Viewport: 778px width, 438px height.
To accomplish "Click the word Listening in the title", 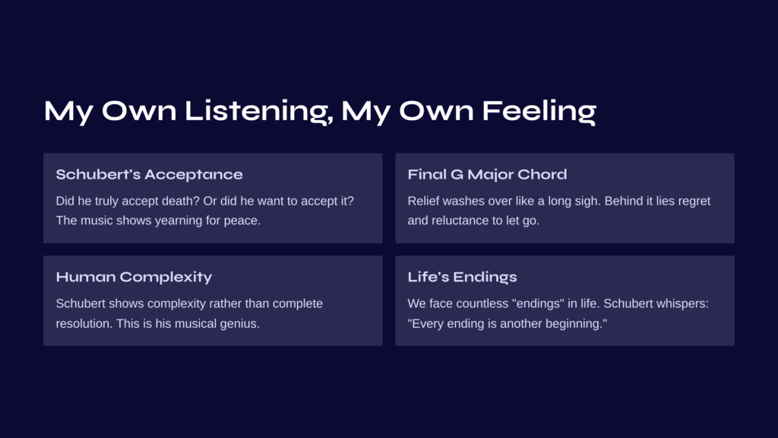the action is (258, 111).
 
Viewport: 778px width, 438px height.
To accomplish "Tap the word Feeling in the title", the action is (539, 111).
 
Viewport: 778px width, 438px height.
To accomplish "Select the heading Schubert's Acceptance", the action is (150, 174).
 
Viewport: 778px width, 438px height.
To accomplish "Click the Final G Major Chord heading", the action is (487, 174).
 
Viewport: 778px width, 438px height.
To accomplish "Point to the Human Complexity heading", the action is (134, 277).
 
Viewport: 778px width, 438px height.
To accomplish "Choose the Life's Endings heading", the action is (462, 277).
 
